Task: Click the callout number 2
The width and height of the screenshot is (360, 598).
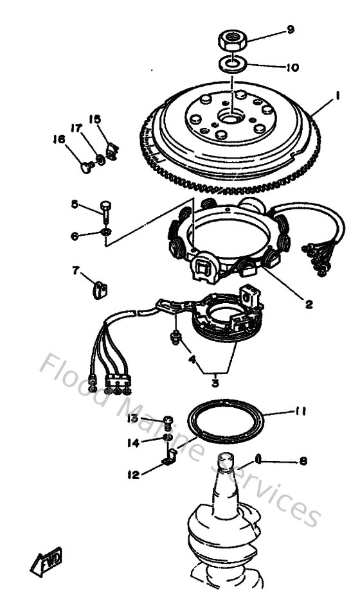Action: coord(309,304)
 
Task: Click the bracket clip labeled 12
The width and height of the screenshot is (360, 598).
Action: coord(170,458)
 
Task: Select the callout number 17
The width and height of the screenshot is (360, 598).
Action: coord(76,129)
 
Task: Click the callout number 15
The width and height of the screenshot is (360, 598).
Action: coord(94,119)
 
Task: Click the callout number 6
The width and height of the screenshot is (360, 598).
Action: coord(75,236)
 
